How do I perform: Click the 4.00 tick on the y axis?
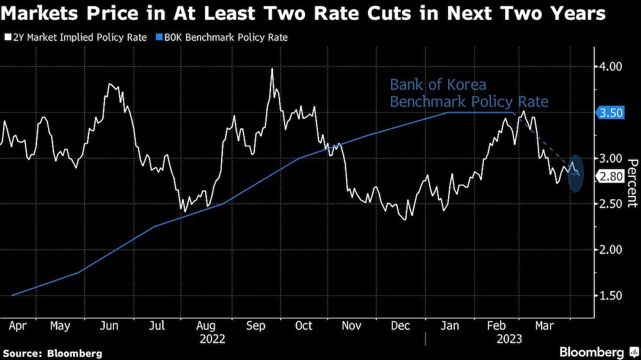click(610, 84)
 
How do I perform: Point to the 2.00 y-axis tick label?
click(610, 250)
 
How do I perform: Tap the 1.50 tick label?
click(610, 296)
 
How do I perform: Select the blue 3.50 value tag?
click(610, 113)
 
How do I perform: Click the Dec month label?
click(401, 326)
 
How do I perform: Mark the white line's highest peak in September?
click(272, 69)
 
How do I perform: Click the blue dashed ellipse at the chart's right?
click(576, 174)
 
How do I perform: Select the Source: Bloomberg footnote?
click(52, 353)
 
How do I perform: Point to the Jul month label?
click(156, 326)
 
